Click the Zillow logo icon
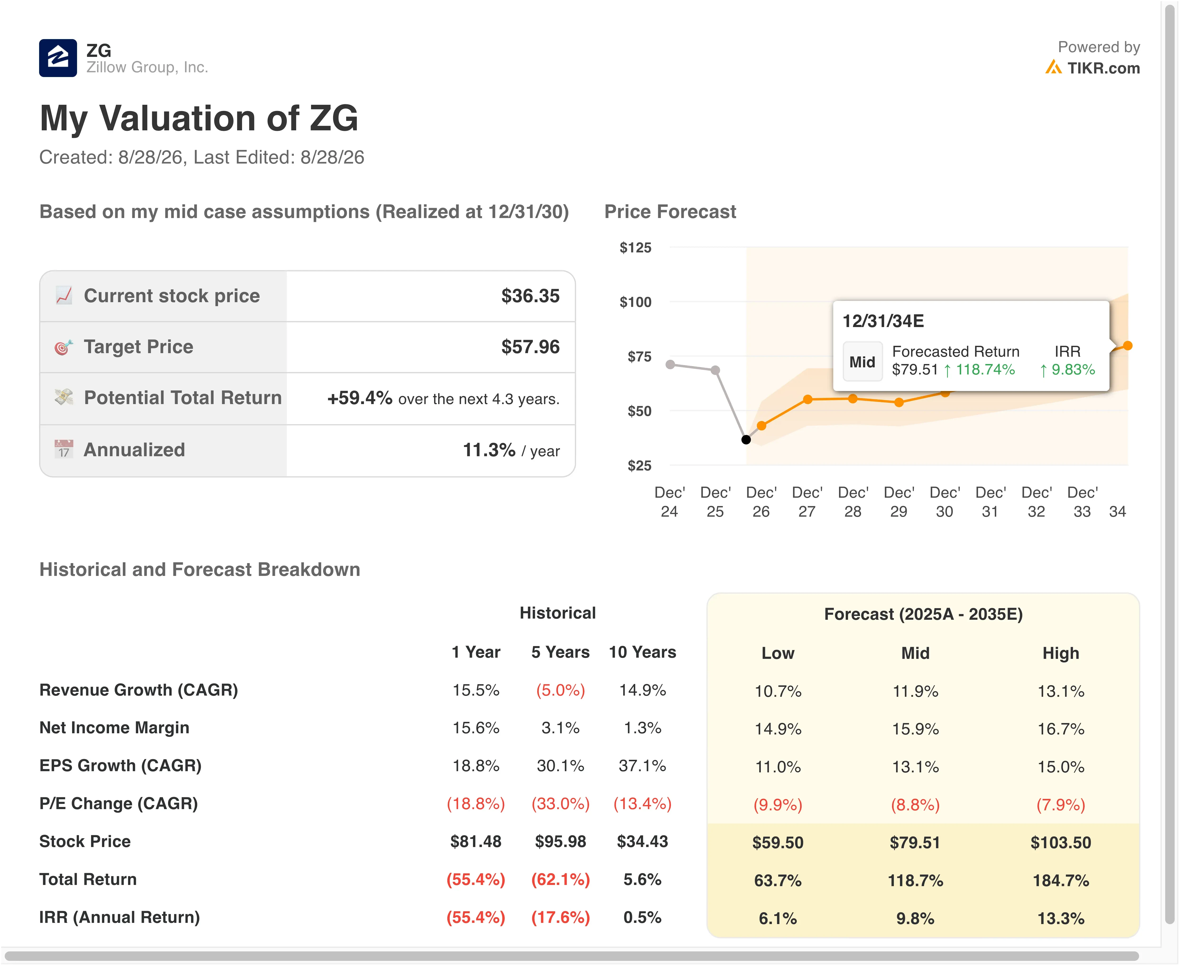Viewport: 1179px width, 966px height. click(58, 58)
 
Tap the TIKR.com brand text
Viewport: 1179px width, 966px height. click(1103, 68)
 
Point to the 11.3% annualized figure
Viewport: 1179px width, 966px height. click(489, 450)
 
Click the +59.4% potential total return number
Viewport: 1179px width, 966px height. click(360, 398)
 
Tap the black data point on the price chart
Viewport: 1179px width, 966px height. click(746, 440)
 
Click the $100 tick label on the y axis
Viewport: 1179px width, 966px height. click(635, 302)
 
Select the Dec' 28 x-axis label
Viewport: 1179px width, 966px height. click(853, 502)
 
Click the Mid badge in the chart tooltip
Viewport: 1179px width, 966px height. click(862, 362)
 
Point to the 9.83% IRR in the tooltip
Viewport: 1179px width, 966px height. click(1067, 369)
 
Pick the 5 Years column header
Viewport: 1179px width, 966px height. click(560, 652)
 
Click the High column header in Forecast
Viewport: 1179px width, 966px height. click(1060, 653)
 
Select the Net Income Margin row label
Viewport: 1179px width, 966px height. click(114, 728)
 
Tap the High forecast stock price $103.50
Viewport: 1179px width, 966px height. click(1060, 843)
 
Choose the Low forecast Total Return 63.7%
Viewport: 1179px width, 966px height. click(778, 880)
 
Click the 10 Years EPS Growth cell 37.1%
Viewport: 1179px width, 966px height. click(642, 766)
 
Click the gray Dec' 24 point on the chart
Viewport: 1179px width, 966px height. click(670, 365)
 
